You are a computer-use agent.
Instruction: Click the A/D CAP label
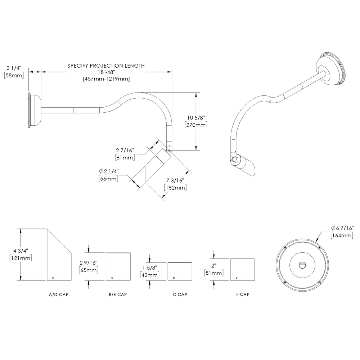pyautogui.click(x=58, y=294)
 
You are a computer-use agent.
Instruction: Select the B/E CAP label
pyautogui.click(x=118, y=294)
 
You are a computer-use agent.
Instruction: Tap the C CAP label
pyautogui.click(x=180, y=294)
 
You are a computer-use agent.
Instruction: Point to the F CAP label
pyautogui.click(x=242, y=294)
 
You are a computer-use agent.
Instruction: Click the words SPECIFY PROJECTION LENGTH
pyautogui.click(x=106, y=66)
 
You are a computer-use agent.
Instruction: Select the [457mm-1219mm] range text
pyautogui.click(x=106, y=79)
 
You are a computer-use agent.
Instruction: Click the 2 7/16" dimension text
pyautogui.click(x=125, y=150)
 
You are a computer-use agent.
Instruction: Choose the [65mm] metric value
pyautogui.click(x=88, y=270)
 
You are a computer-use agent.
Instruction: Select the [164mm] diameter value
pyautogui.click(x=342, y=235)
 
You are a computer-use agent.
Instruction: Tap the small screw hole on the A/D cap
pyautogui.click(x=53, y=277)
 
